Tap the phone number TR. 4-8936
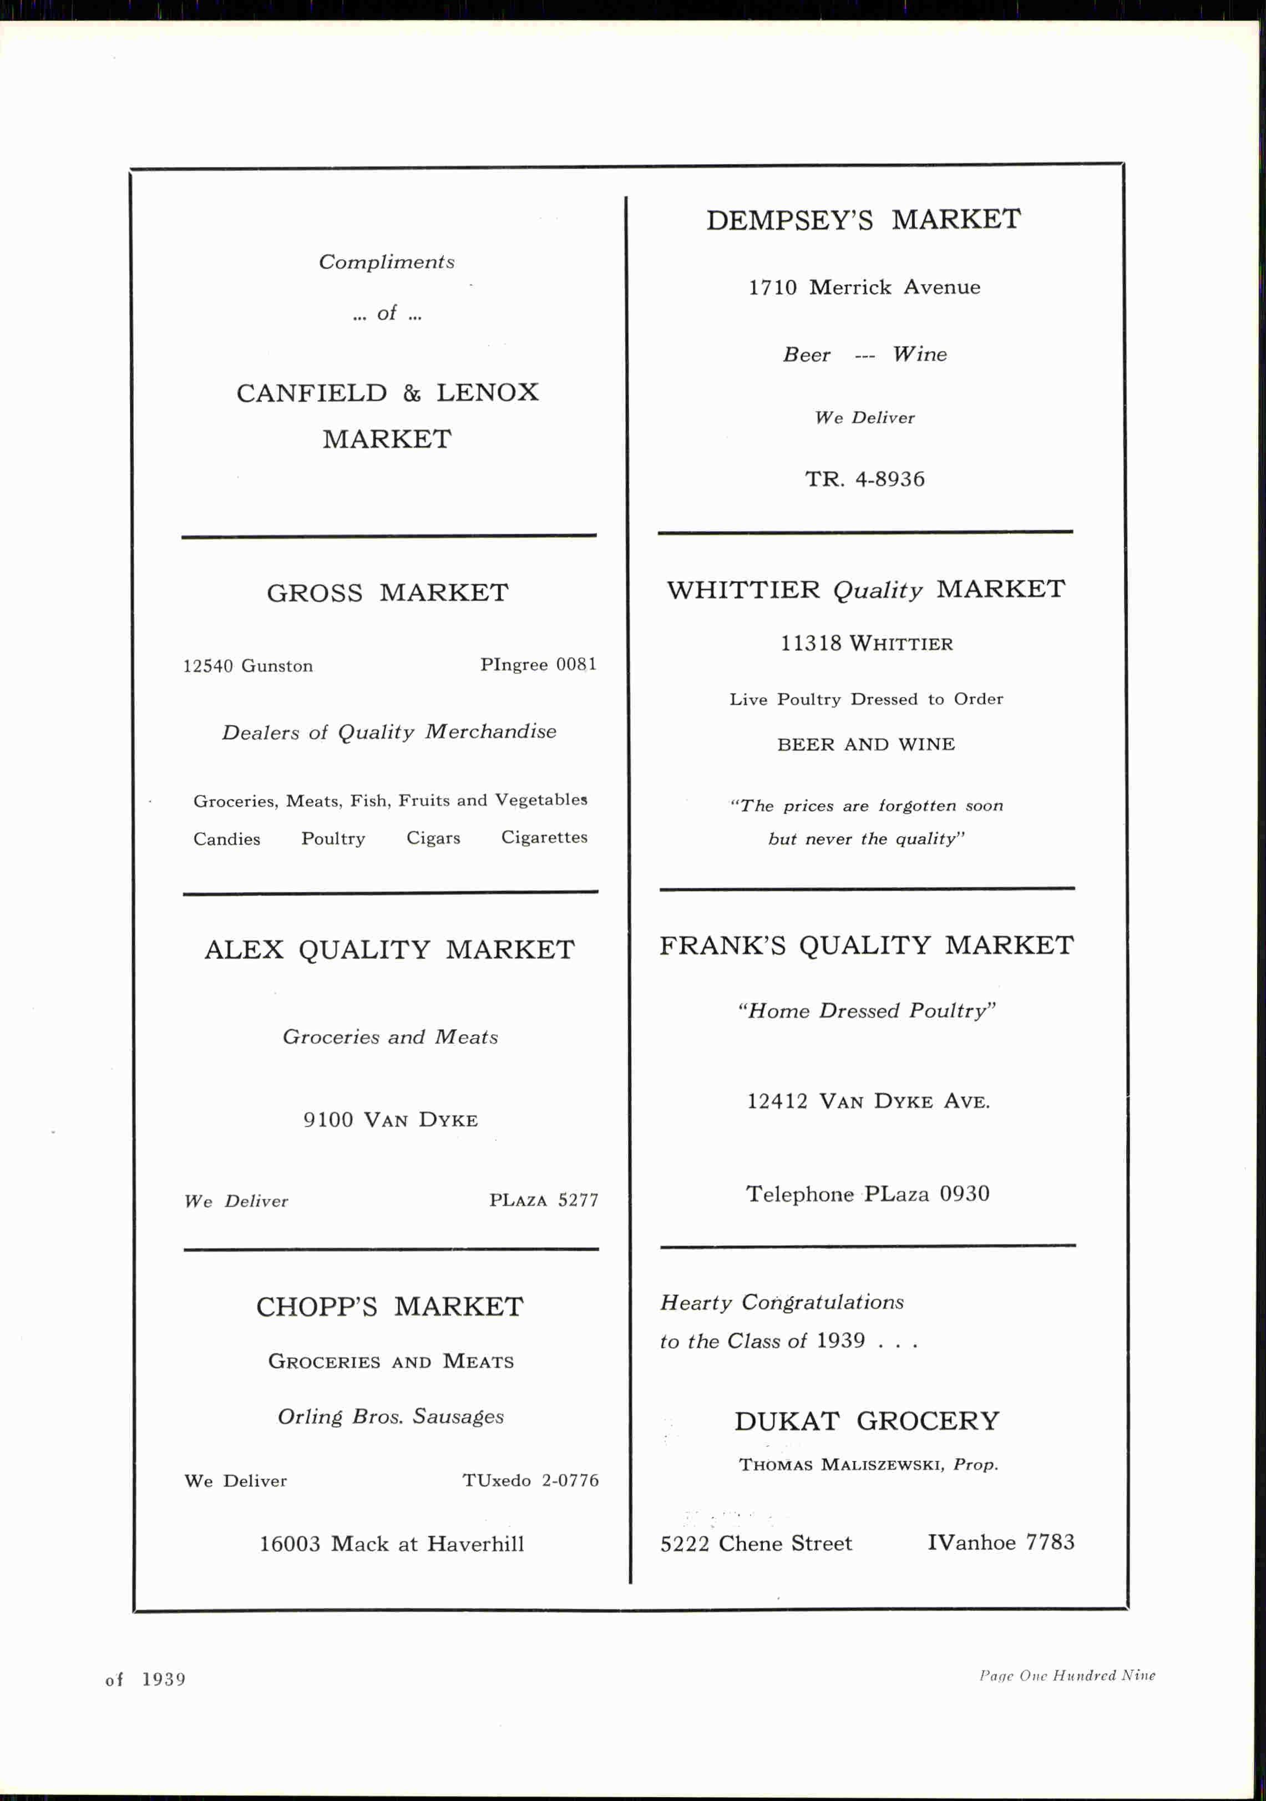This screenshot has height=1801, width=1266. click(x=864, y=479)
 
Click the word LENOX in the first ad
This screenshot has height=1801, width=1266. click(x=487, y=393)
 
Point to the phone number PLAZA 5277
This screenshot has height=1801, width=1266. click(x=544, y=1200)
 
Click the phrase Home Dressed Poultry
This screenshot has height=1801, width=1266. click(x=866, y=1011)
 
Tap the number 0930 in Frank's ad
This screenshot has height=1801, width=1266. click(x=964, y=1194)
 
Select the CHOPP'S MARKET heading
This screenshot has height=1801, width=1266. click(x=390, y=1307)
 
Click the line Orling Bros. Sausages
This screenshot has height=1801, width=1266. click(x=391, y=1416)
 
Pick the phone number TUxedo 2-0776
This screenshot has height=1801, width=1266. click(x=530, y=1481)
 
